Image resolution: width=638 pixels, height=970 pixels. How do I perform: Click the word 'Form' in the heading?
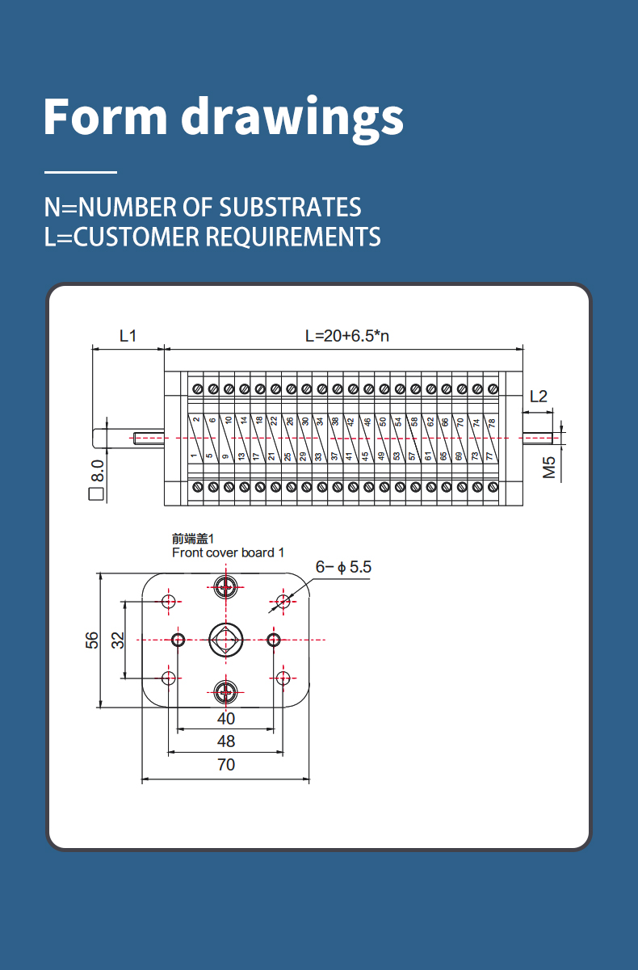(x=105, y=117)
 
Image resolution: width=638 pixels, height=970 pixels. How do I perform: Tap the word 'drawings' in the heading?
(x=292, y=119)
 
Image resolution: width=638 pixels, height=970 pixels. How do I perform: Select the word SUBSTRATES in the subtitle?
(x=290, y=207)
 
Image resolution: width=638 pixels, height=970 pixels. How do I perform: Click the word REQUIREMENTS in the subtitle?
(x=293, y=237)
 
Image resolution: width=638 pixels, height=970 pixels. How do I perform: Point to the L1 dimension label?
(x=128, y=336)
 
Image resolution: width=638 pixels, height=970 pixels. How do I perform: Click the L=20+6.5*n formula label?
(x=347, y=336)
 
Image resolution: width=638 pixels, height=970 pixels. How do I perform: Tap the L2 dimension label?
(x=539, y=397)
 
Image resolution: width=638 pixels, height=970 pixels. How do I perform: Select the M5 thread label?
(x=549, y=468)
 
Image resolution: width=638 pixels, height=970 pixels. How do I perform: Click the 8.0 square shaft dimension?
(x=97, y=479)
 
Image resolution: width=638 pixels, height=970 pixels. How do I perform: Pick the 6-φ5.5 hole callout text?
(x=343, y=567)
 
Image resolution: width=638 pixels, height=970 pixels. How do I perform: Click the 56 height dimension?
(x=92, y=640)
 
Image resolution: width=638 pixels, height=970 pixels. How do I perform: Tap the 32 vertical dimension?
(x=118, y=640)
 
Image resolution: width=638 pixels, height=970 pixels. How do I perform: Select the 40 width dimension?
(x=225, y=719)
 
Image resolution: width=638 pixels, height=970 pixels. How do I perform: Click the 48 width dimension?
(x=225, y=741)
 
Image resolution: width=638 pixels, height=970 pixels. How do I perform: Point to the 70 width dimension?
(x=225, y=765)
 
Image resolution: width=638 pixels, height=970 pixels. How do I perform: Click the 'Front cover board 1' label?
(x=228, y=552)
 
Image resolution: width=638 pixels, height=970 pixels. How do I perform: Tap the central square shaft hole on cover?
(x=225, y=640)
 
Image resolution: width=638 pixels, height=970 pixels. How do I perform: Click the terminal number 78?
(x=492, y=423)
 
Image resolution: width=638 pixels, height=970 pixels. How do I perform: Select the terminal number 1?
(x=194, y=456)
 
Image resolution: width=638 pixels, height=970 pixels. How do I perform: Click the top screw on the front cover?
(x=225, y=588)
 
